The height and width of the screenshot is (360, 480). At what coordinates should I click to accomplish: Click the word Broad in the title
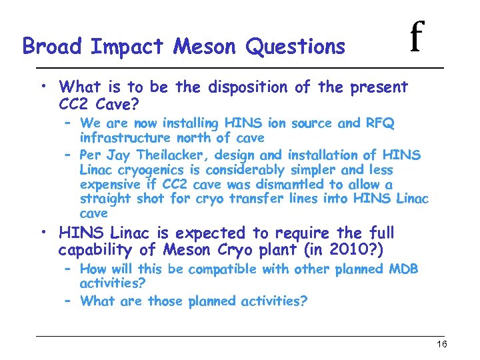pos(53,47)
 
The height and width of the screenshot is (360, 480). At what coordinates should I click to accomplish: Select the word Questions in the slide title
pos(295,47)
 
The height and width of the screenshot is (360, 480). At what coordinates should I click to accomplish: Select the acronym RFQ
pos(380,123)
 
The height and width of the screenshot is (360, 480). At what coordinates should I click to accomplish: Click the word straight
pos(106,199)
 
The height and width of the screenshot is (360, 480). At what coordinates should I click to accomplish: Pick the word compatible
pos(219,269)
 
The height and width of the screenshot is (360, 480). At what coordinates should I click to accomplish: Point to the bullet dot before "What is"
pos(43,86)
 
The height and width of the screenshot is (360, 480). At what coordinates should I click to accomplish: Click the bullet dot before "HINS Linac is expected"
pos(43,232)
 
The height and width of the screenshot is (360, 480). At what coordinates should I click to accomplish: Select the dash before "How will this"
pos(68,269)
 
